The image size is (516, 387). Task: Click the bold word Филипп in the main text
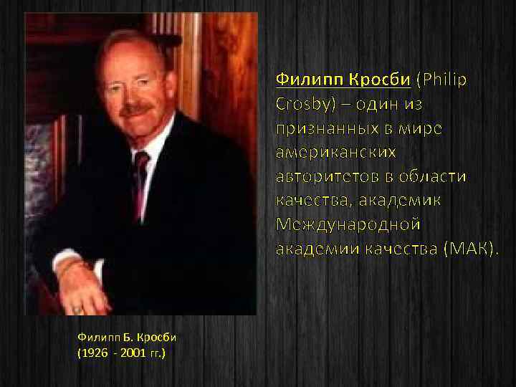tap(302, 79)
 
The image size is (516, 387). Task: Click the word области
tap(432, 176)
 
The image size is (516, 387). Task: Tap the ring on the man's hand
tap(77, 308)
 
